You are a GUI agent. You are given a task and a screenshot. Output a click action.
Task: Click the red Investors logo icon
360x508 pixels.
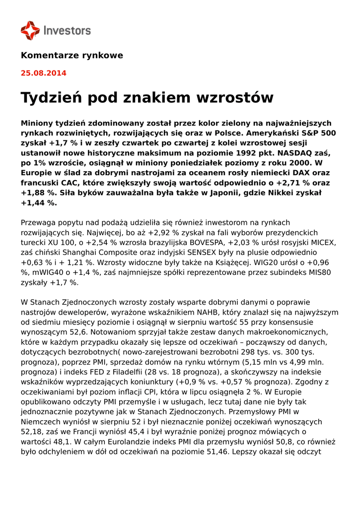click(30, 31)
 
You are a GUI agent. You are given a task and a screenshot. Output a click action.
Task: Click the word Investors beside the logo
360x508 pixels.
click(67, 31)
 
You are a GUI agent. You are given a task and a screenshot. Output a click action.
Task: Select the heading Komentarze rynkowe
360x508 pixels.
click(72, 56)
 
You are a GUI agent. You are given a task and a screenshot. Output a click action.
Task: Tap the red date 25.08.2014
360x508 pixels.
click(43, 73)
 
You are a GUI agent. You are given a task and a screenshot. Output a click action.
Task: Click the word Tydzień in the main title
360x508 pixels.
click(50, 98)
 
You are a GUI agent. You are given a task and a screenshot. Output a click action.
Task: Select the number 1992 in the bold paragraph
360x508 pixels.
click(247, 153)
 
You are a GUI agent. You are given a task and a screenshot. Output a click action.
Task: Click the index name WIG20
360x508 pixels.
click(272, 262)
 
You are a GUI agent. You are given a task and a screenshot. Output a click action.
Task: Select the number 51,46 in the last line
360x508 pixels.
click(216, 452)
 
